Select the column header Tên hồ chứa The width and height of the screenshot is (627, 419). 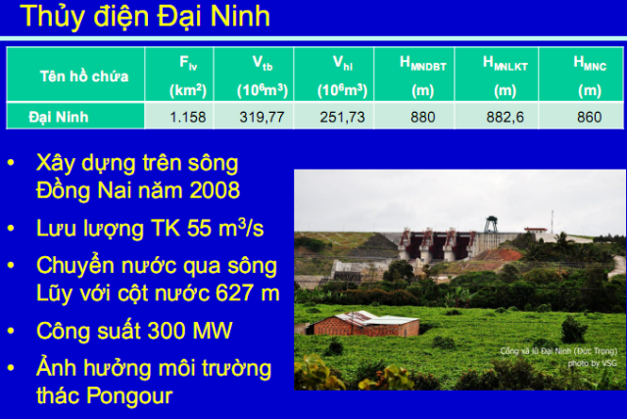(x=74, y=76)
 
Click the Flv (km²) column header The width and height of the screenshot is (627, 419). (x=186, y=76)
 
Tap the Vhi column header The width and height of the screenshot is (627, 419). (x=342, y=76)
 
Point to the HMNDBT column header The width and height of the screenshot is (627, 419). (x=422, y=76)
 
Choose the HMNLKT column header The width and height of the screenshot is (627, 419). (x=505, y=76)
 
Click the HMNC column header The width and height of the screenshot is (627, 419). (x=588, y=76)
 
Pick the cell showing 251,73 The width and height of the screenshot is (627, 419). (x=342, y=117)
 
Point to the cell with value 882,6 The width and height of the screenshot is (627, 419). (x=505, y=117)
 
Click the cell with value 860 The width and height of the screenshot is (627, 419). (x=588, y=117)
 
